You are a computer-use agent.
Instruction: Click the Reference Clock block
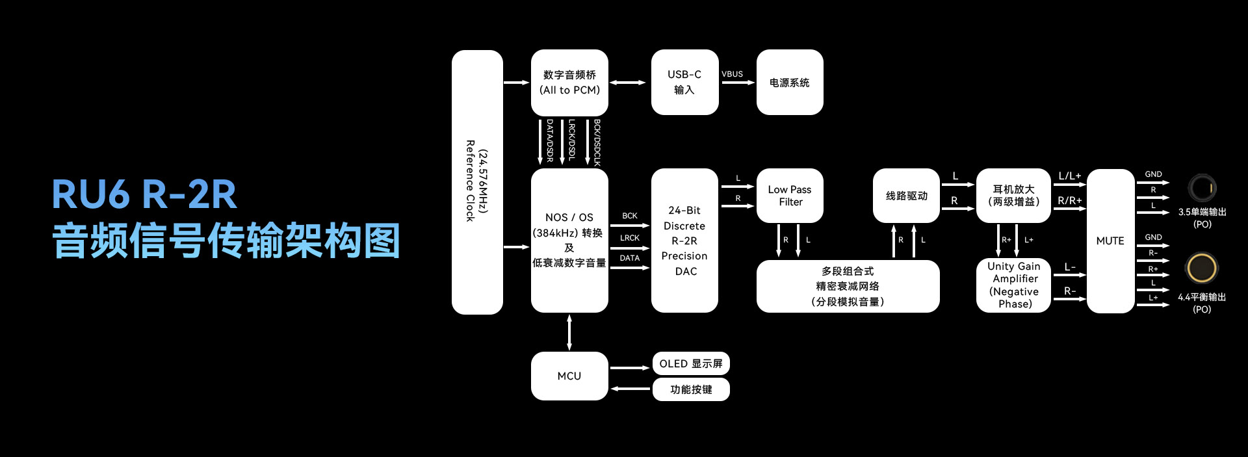point(477,182)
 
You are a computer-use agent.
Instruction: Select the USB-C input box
point(684,83)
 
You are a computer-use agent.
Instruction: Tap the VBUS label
point(732,74)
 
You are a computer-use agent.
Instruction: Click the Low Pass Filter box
point(790,196)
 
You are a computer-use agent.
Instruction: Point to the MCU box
point(569,376)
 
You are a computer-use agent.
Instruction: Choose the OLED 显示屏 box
point(691,363)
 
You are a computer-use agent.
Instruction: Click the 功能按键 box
point(691,389)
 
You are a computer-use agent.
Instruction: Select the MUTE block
point(1110,241)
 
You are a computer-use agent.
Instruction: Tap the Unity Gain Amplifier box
point(1013,285)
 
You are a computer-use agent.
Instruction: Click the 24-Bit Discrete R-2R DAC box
point(684,241)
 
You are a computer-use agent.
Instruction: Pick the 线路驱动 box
point(906,196)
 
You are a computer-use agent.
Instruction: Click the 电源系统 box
point(790,83)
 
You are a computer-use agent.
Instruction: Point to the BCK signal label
point(630,216)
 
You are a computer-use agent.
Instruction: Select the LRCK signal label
point(630,238)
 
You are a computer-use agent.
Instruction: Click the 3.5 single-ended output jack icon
point(1202,189)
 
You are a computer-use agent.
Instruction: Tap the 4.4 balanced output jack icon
point(1202,268)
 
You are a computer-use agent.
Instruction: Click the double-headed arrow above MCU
point(569,332)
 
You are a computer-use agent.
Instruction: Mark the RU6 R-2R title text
point(144,194)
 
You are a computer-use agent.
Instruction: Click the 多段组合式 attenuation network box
point(848,286)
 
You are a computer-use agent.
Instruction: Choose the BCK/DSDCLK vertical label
point(597,142)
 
